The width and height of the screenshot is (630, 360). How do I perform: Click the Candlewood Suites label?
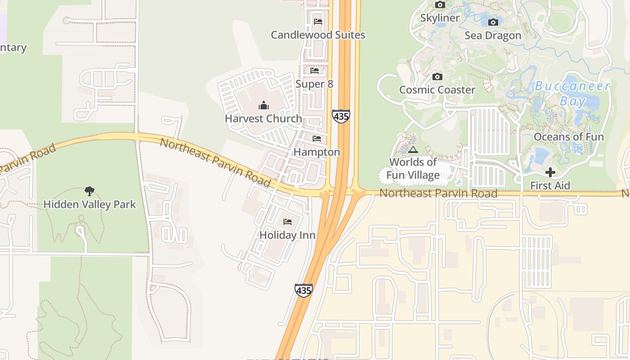coord(318,35)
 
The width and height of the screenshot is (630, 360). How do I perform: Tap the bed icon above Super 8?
coord(315,71)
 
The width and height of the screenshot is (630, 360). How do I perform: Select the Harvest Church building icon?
coord(263,106)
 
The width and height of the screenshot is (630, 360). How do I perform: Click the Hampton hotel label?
coord(317,152)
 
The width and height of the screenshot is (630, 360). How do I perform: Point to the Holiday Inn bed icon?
coord(288,222)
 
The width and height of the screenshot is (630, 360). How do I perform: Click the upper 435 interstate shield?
coord(341,116)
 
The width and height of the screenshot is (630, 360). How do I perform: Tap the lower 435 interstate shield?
coord(304,290)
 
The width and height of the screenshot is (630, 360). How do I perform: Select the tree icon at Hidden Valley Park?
coord(90,191)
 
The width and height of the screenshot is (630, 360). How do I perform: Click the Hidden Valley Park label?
coord(90,204)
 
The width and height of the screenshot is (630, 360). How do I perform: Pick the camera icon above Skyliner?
coord(440,5)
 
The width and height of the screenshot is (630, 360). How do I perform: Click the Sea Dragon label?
coord(493,36)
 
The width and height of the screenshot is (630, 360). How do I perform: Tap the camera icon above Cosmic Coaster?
coord(437,77)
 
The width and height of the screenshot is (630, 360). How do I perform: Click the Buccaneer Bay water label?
coord(572,93)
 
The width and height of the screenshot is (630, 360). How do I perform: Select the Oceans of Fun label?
coord(568,137)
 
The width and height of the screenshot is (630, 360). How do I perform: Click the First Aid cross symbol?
coord(550,172)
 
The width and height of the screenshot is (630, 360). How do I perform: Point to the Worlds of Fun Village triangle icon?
coord(413,149)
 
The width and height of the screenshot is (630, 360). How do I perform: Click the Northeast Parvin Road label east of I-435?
coord(438,193)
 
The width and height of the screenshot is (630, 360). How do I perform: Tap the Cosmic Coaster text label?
coord(437,90)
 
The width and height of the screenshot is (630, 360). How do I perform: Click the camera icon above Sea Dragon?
coord(493,22)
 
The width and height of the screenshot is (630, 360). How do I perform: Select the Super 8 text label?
coord(314,84)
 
